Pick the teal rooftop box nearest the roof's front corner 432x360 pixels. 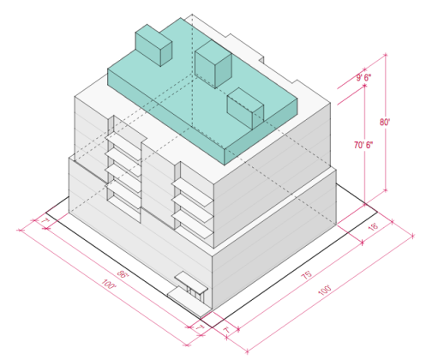click(x=245, y=110)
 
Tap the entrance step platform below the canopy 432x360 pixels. click(x=184, y=297)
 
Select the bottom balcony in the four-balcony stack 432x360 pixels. click(x=123, y=201)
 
